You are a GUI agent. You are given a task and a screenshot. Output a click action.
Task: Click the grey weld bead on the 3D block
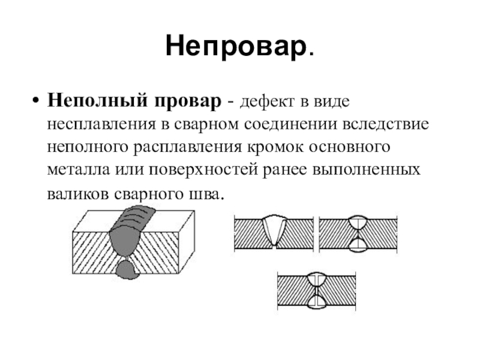coord(128,231)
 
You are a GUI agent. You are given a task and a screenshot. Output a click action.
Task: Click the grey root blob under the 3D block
coord(127,268)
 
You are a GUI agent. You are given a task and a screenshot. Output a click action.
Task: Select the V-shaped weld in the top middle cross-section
coord(273,229)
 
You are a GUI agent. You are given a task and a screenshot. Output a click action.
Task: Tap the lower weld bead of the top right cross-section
coord(358,242)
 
